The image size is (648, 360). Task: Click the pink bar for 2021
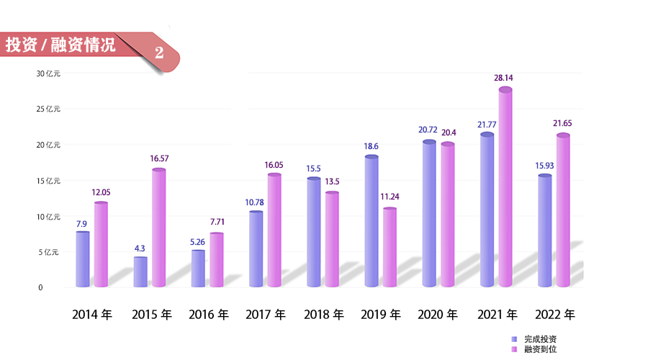tap(505, 189)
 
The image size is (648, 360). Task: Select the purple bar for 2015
tap(140, 272)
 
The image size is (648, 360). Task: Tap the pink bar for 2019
tap(390, 248)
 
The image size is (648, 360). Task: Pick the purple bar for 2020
tap(429, 215)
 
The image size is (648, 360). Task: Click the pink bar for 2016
tap(217, 260)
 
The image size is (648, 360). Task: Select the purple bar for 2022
tap(544, 231)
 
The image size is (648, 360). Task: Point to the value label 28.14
tap(503, 78)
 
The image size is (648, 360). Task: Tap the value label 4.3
tap(140, 248)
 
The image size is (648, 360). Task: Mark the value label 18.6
tap(371, 146)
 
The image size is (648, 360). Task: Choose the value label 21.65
tap(562, 123)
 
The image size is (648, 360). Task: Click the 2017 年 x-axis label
tap(265, 315)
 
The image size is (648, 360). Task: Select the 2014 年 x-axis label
tap(91, 315)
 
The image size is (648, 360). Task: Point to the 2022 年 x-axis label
tap(554, 315)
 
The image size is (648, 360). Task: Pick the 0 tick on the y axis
tap(40, 287)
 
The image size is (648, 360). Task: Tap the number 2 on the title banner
tap(158, 53)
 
